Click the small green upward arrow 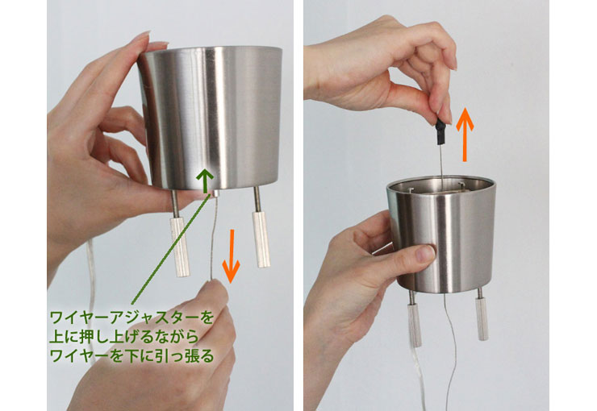[206, 181]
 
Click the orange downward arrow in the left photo [231, 256]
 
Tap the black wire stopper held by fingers [440, 132]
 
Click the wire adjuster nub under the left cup [215, 193]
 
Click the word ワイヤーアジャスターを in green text [132, 318]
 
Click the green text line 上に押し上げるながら [124, 337]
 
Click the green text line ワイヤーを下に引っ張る [132, 356]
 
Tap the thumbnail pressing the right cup [425, 254]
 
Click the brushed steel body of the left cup [211, 117]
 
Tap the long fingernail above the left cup [141, 37]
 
